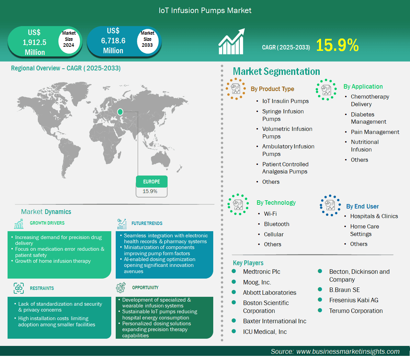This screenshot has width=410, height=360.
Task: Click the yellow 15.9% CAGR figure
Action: (337, 45)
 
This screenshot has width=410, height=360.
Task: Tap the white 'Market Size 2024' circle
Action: (69, 40)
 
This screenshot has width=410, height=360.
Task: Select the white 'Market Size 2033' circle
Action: (147, 40)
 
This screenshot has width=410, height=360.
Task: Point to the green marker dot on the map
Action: (120, 112)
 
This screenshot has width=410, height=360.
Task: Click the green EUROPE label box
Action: (152, 182)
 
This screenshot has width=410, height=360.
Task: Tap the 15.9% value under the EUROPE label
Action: (150, 191)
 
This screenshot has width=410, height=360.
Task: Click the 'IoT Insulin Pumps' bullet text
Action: (285, 101)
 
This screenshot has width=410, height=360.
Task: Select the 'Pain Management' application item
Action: (375, 132)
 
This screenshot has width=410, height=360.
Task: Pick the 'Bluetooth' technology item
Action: (277, 224)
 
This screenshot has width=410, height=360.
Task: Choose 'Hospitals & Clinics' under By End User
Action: (374, 216)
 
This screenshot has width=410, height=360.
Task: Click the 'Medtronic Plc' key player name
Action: (261, 272)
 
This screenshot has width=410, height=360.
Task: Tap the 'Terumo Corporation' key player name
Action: (356, 311)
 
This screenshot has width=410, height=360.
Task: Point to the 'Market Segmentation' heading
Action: (276, 71)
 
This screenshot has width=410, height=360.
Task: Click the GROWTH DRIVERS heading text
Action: (47, 223)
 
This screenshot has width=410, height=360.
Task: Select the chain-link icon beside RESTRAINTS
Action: (19, 288)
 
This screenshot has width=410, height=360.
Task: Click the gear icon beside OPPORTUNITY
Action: (121, 288)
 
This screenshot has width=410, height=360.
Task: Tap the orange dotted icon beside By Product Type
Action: (236, 89)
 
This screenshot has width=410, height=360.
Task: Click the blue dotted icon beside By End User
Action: (330, 205)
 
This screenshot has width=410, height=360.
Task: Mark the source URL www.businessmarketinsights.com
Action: (348, 351)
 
